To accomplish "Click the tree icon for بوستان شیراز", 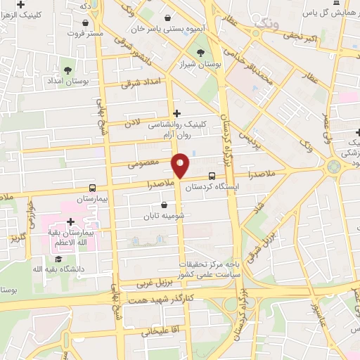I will [x=201, y=52].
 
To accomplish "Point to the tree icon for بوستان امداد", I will [x=67, y=70].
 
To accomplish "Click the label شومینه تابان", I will [x=165, y=216].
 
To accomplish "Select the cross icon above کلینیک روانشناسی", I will [x=176, y=112].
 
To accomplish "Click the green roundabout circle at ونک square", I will [x=333, y=167].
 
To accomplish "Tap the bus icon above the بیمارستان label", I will [x=93, y=188].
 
